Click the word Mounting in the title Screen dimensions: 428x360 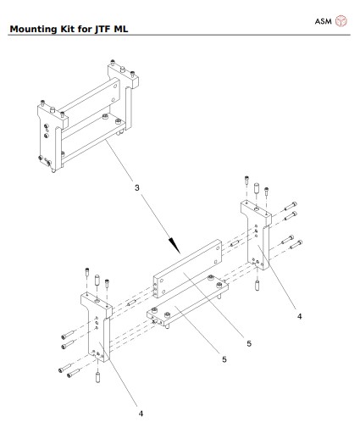click(x=32, y=32)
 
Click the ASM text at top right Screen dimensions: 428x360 click(x=322, y=19)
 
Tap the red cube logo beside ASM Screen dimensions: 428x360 click(x=342, y=19)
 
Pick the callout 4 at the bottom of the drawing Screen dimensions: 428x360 click(x=141, y=414)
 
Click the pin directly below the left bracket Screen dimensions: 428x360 click(x=99, y=375)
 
